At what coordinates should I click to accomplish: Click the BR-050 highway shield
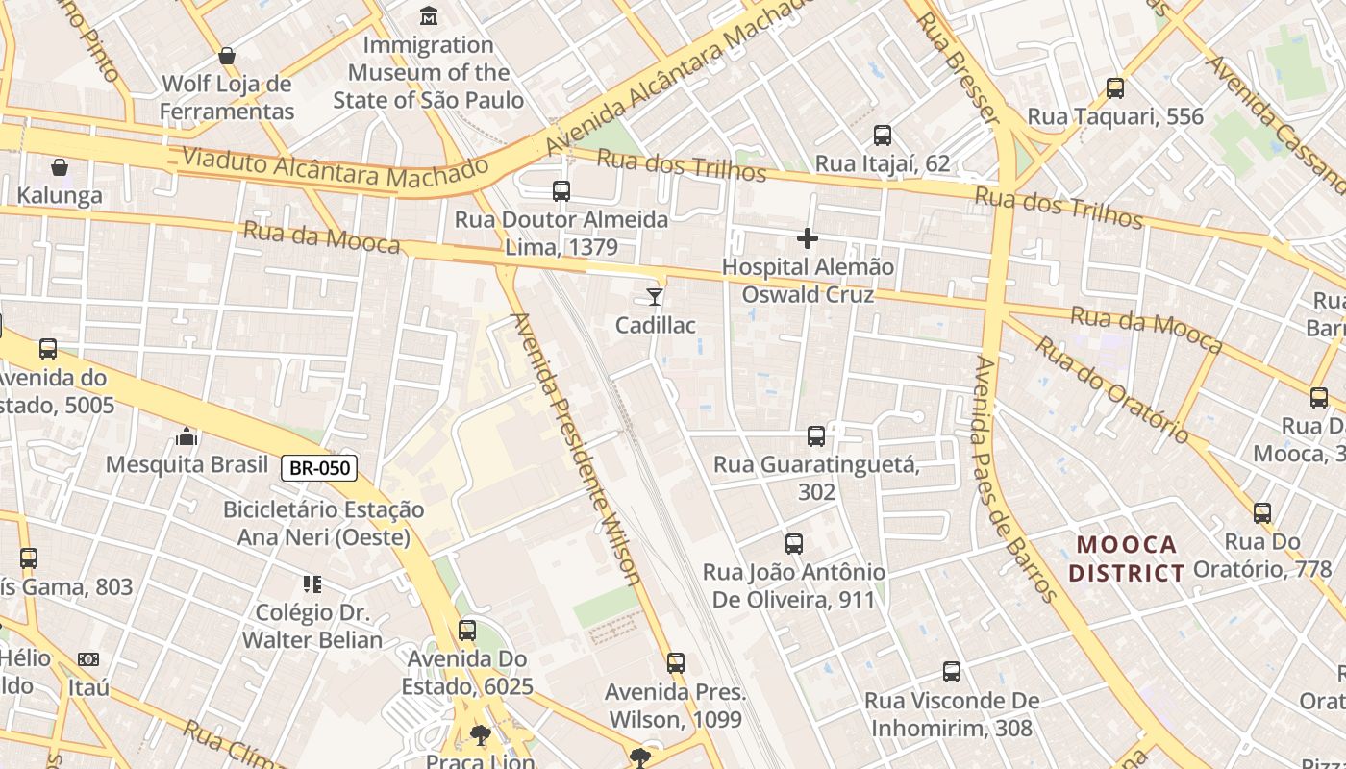tap(319, 468)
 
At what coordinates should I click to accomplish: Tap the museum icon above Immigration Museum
tap(429, 16)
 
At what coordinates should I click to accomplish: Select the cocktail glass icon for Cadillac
tap(655, 296)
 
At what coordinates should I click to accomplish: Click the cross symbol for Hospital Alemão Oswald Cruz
tap(808, 237)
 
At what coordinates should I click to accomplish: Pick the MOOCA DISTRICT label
tap(1127, 559)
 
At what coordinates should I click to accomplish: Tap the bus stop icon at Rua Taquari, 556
tap(1115, 88)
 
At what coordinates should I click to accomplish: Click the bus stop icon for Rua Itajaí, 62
tap(883, 136)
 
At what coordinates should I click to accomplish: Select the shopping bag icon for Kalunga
tap(60, 167)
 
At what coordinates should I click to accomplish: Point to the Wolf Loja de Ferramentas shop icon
tap(227, 56)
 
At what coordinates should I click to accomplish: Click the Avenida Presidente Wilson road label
tap(577, 448)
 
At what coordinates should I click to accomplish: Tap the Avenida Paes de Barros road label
tap(1015, 479)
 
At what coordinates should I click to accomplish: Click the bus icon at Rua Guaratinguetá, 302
tap(816, 436)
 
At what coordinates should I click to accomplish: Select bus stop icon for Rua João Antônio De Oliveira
tap(794, 544)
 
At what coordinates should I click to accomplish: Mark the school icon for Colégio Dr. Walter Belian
tap(312, 583)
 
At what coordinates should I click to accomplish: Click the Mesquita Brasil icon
tap(187, 437)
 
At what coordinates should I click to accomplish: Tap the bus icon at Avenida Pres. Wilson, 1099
tap(676, 663)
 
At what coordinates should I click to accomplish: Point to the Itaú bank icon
tap(88, 659)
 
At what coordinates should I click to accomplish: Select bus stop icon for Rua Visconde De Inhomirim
tap(952, 672)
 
